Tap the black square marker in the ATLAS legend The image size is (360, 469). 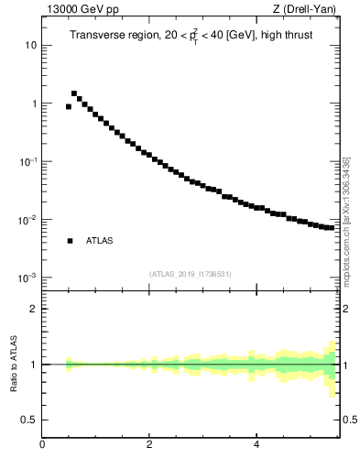[70, 241]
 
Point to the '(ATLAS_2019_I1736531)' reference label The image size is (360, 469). [191, 274]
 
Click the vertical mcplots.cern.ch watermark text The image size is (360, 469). [346, 223]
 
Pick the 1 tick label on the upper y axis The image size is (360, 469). [33, 104]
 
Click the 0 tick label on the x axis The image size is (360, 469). [42, 446]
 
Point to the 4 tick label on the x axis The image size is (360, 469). [256, 446]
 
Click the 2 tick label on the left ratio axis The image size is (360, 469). [33, 309]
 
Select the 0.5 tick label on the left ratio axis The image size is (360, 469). [28, 420]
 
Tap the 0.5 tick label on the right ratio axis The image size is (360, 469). [350, 420]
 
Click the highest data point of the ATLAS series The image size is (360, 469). [74, 93]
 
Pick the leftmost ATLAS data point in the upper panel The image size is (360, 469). [69, 107]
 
